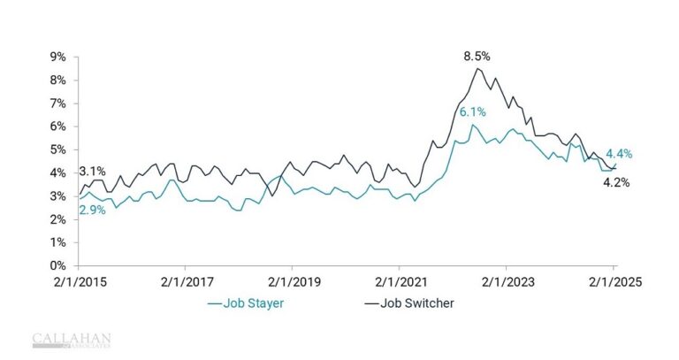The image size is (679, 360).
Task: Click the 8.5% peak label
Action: tap(478, 56)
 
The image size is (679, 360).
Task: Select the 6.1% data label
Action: tap(472, 111)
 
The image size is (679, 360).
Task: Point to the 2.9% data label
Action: tap(92, 210)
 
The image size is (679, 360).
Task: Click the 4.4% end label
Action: tap(619, 154)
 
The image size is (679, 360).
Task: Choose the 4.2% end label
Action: tap(615, 182)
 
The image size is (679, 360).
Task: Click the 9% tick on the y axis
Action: tap(57, 57)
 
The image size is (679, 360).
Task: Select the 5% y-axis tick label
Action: tap(57, 149)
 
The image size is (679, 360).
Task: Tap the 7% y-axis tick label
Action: tap(57, 103)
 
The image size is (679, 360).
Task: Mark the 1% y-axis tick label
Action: tap(57, 242)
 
